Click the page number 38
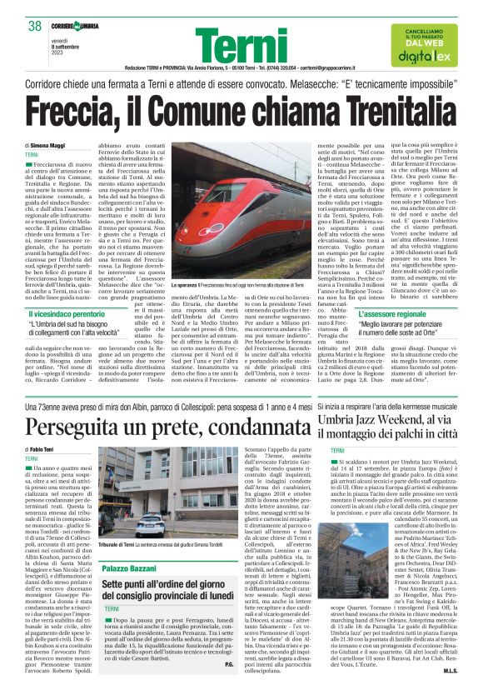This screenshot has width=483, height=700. (x=36, y=26)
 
